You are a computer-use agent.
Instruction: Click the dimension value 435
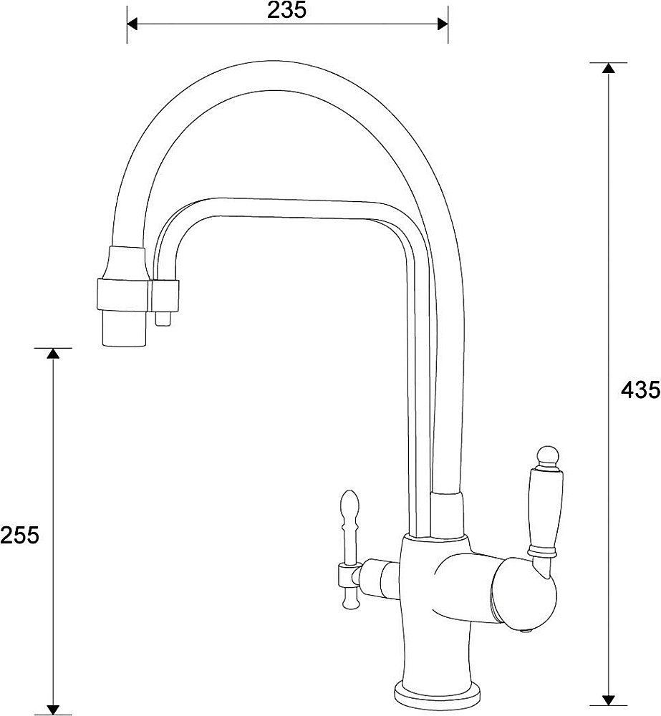(640, 390)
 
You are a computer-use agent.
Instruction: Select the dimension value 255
(19, 535)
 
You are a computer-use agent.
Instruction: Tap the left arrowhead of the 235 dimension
(132, 24)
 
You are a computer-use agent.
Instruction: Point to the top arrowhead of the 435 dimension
(608, 68)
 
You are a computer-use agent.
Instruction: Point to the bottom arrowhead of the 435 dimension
(608, 700)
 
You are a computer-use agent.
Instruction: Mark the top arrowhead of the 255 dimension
(52, 354)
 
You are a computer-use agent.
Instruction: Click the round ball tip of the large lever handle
(546, 455)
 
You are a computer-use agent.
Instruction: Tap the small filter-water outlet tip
(163, 317)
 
